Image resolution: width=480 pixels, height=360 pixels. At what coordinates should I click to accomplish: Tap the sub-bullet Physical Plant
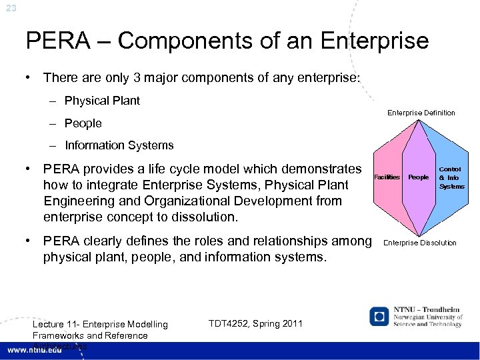coord(102,101)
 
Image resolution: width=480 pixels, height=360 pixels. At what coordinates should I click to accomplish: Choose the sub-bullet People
coord(83,123)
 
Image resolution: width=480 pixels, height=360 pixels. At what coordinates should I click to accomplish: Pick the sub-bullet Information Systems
coord(119,145)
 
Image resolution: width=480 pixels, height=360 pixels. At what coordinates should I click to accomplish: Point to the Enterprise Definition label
coord(421,113)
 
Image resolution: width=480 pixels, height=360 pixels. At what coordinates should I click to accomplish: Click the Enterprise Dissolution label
coord(420,243)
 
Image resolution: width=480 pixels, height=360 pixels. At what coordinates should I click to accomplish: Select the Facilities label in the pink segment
coord(387,177)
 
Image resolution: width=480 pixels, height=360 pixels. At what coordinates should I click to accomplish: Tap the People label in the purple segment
coord(418,177)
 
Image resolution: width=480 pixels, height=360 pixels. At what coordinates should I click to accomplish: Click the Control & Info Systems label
coord(451,177)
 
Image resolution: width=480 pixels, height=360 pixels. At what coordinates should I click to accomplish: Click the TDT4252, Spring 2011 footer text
coord(255,323)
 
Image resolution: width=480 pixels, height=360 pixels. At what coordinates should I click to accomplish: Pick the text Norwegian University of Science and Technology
coord(427,321)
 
